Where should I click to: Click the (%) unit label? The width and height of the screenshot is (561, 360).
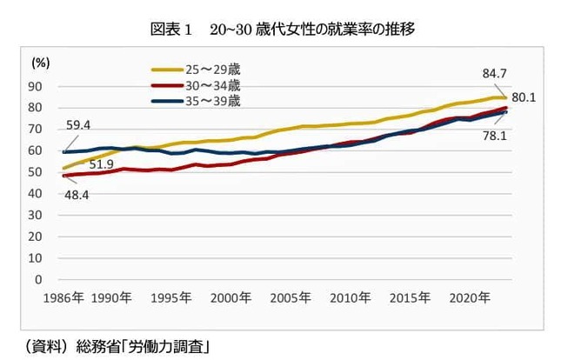point(41,63)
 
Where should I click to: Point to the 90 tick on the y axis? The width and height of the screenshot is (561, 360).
point(36,86)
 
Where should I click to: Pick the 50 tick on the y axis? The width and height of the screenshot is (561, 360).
point(36,172)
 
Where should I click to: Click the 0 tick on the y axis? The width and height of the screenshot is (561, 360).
point(39,280)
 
